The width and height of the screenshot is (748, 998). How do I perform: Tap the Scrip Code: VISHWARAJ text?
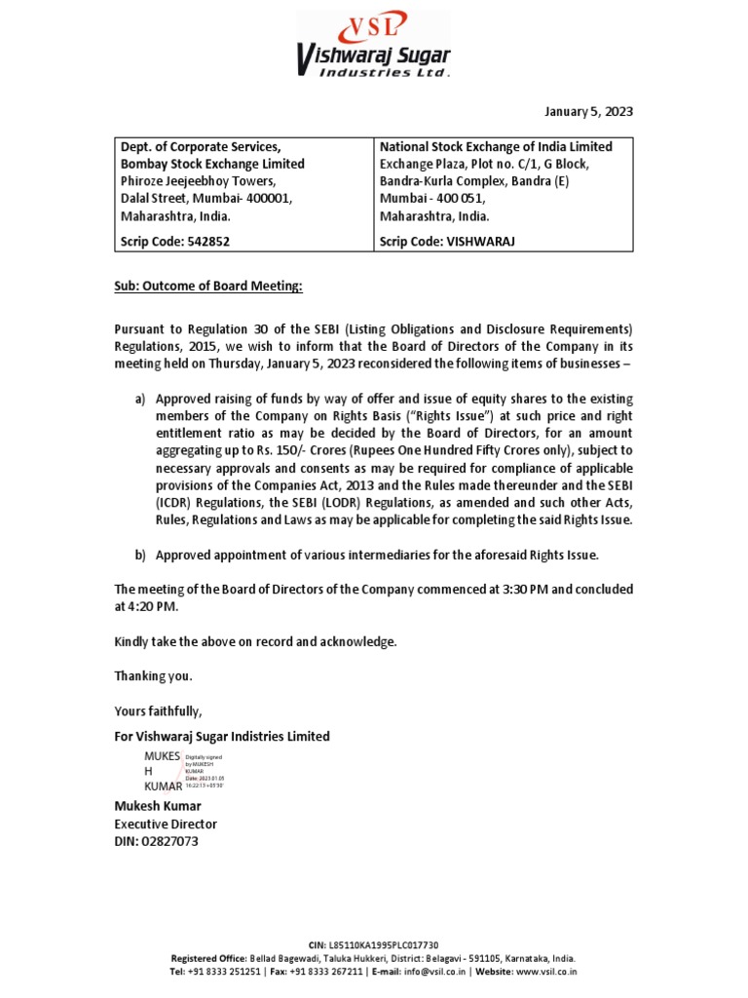click(447, 240)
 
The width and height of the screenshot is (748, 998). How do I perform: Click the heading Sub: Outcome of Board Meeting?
click(208, 287)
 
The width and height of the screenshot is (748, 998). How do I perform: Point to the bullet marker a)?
click(140, 399)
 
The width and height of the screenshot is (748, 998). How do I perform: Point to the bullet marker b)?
click(140, 555)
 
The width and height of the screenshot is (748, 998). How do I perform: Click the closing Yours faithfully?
click(159, 710)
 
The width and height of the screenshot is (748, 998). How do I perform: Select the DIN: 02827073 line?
click(157, 841)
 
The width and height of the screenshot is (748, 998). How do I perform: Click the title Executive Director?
click(166, 824)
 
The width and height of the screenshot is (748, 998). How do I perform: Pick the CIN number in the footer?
click(383, 945)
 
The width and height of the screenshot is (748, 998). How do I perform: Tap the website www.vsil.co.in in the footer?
click(545, 971)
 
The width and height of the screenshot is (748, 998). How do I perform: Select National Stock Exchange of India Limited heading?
click(496, 146)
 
